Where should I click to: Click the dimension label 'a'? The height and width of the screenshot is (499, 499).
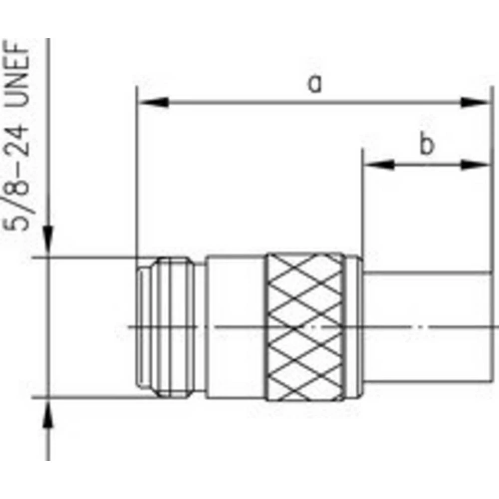314,84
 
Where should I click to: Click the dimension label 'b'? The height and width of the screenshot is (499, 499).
426,145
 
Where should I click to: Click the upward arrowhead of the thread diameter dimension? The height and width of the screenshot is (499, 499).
48,414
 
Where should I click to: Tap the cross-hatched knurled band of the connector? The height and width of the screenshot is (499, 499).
304,327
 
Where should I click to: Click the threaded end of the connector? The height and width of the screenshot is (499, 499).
170,327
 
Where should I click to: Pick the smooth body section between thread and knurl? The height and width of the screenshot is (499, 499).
235,327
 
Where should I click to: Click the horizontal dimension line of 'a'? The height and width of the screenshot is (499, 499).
314,102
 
